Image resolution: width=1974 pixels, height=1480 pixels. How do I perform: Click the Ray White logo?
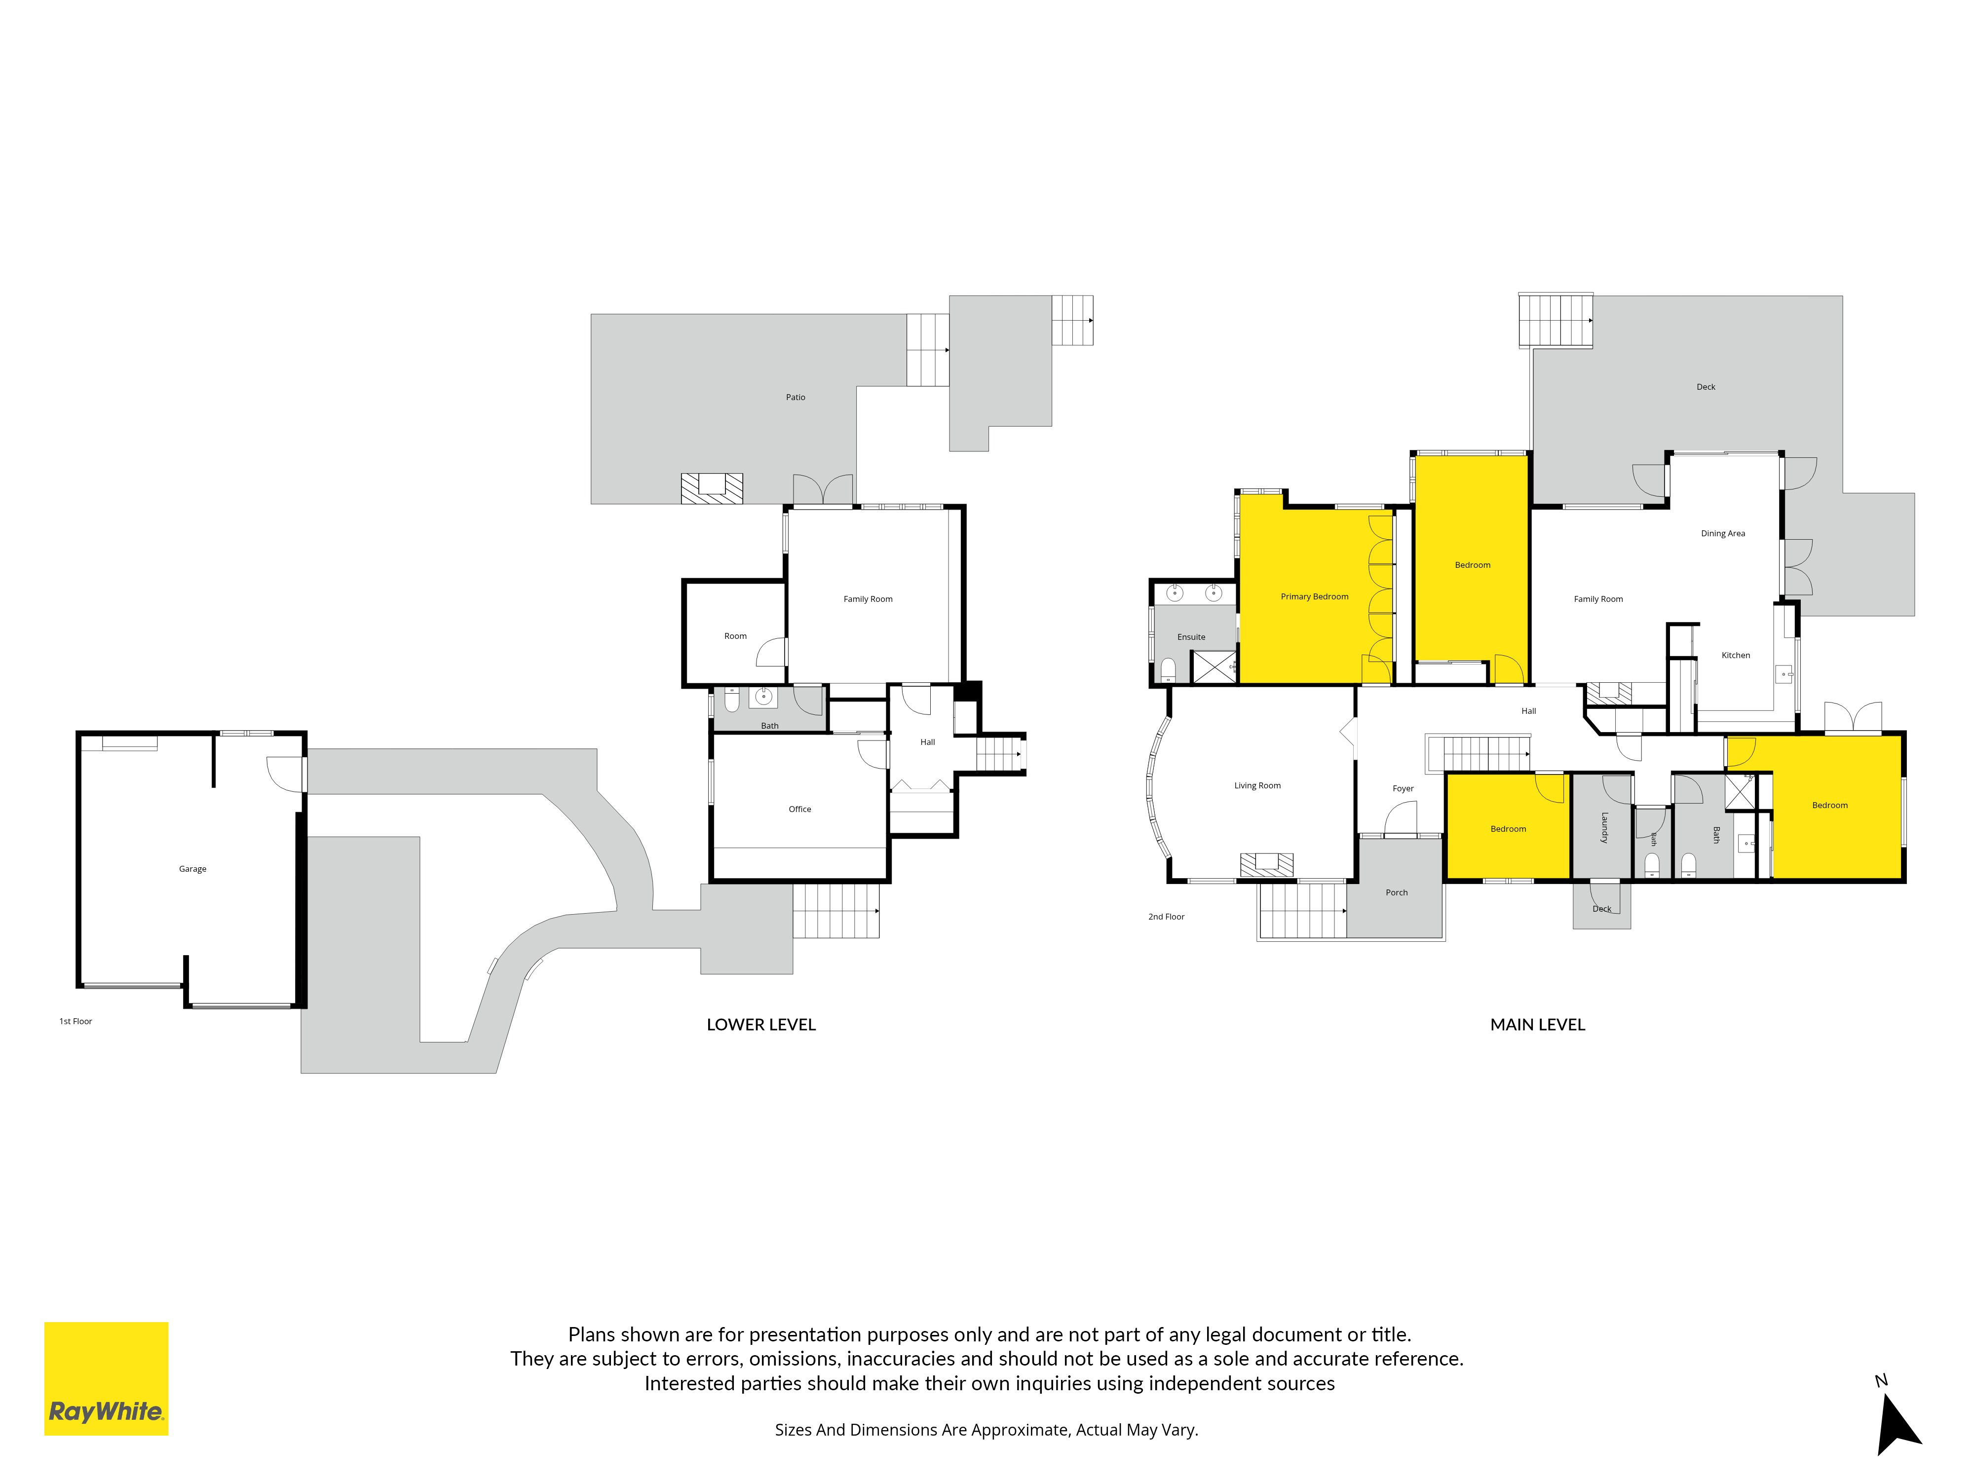point(106,1378)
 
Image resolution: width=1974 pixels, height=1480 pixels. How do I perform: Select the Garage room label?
point(193,869)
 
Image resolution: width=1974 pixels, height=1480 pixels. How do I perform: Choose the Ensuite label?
point(1191,637)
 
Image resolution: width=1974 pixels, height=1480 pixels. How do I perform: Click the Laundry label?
point(1604,827)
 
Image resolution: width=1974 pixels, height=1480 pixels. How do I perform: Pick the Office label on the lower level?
point(799,809)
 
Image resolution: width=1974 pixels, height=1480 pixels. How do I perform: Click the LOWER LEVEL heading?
point(761,1025)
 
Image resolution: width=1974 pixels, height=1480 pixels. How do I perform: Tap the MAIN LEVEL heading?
point(1538,1025)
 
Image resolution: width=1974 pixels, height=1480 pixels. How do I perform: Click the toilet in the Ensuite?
point(1168,670)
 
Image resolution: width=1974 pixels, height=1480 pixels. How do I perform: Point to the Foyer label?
point(1403,789)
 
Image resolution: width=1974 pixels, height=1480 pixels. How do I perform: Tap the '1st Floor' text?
point(76,1022)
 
